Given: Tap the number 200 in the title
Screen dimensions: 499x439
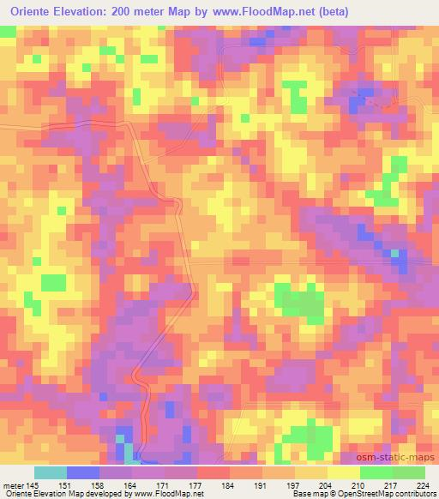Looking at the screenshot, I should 137,12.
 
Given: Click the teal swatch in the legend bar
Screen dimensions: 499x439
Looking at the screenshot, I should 51,472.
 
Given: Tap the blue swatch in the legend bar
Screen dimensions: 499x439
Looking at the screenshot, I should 83,472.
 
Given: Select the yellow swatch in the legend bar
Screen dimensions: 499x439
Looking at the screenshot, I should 343,472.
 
